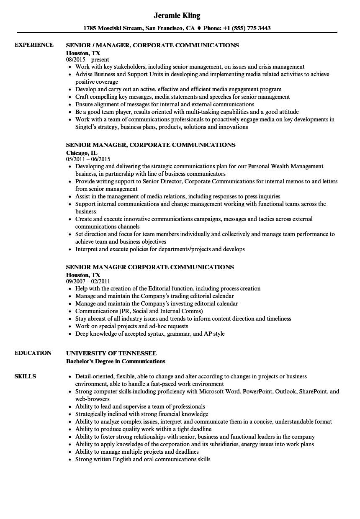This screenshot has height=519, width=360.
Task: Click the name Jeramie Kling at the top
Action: click(177, 16)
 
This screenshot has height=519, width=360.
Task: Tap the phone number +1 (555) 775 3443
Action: click(248, 28)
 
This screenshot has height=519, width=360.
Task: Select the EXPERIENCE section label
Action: click(34, 45)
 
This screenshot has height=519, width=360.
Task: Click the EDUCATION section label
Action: click(33, 353)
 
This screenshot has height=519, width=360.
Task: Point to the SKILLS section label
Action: click(25, 376)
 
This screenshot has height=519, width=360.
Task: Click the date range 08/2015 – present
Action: click(87, 59)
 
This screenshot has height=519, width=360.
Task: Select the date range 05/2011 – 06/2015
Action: click(88, 159)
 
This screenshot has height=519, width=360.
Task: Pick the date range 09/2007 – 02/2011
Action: click(88, 281)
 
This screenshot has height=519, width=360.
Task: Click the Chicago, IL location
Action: click(82, 152)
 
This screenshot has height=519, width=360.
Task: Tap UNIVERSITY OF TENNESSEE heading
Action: click(111, 353)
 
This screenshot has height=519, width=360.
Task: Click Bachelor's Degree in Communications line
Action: click(116, 361)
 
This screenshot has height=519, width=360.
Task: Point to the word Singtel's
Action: click(87, 127)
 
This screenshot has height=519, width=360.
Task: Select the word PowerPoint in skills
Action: click(257, 392)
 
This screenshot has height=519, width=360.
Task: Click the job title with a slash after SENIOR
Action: click(152, 45)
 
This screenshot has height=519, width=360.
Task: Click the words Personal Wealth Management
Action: click(285, 166)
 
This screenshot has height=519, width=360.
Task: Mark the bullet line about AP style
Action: click(150, 334)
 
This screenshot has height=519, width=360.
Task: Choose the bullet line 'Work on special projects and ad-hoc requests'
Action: click(131, 326)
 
